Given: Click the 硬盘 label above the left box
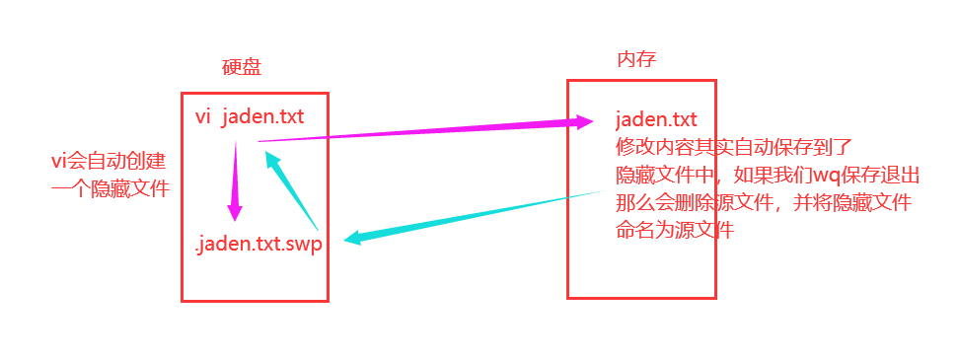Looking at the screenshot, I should tap(242, 67).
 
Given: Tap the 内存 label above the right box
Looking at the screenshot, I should tap(636, 60).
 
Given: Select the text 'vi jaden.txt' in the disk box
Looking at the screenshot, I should tap(250, 117).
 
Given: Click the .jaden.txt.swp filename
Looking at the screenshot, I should tap(259, 244).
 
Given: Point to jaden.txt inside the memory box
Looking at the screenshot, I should tap(656, 120).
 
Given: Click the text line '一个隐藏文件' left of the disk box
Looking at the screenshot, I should tap(110, 187).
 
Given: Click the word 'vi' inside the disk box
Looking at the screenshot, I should tap(203, 117).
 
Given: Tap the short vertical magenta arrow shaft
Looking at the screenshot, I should tap(235, 173).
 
